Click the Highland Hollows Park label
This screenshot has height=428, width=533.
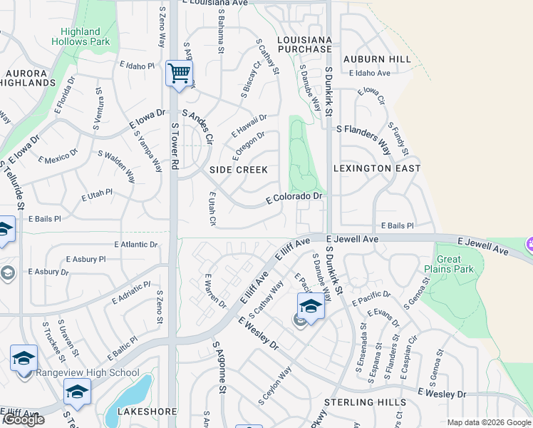pos(81,36)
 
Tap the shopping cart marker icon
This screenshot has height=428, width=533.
pos(179,72)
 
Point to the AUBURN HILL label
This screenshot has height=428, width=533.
pos(377,59)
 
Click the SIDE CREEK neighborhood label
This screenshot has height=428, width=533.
pos(239,170)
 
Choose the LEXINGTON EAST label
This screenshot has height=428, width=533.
pos(377,168)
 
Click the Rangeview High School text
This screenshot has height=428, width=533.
pos(97,372)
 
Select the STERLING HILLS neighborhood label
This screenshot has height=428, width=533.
pos(365,403)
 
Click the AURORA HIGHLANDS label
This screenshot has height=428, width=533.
pos(30,78)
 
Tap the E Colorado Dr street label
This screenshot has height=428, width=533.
pos(294,197)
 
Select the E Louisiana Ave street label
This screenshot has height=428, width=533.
pos(214,4)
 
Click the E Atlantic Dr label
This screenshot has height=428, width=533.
pos(135,245)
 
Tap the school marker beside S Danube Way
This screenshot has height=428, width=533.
pos(311,306)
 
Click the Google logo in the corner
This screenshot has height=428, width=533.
pos(24,419)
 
